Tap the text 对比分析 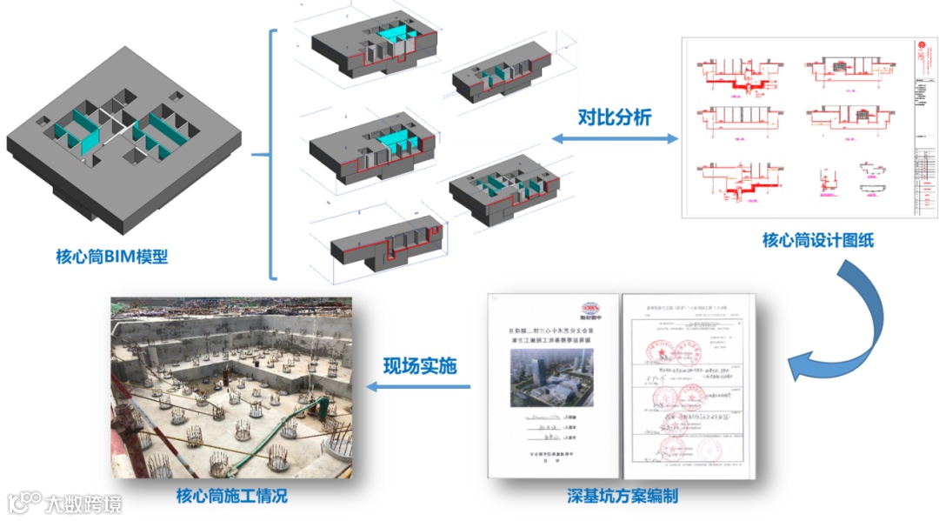[615, 117]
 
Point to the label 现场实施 [419, 366]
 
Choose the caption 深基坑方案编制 [623, 497]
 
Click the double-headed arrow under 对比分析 [615, 138]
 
